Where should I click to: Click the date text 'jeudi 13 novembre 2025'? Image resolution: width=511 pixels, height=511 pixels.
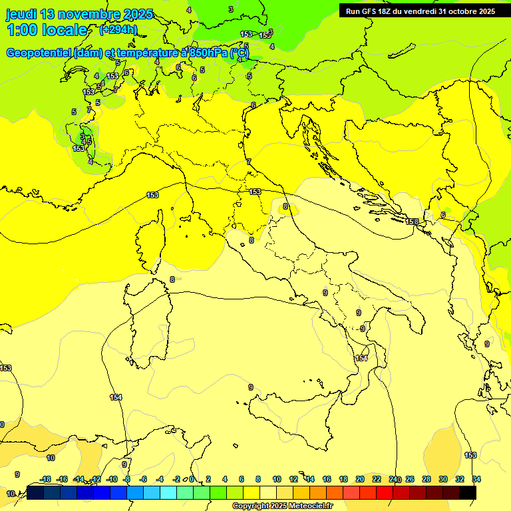coord(79,14)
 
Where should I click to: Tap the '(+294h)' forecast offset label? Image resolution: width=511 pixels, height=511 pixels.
coord(118,30)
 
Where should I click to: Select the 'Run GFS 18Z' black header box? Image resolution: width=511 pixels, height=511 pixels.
coord(420,11)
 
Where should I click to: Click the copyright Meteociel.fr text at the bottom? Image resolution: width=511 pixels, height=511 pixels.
coord(282,506)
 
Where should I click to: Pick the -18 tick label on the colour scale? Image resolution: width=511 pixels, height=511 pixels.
coord(45,479)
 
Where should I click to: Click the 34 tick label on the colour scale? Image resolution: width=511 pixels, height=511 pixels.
coord(476,479)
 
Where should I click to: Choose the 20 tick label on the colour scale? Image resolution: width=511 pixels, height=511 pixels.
coord(359,479)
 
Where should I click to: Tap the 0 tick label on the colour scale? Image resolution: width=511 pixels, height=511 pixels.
coord(191,479)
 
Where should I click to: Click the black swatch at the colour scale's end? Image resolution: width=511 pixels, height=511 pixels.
coord(467,492)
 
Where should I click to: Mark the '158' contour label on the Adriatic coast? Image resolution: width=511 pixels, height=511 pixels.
coord(413,222)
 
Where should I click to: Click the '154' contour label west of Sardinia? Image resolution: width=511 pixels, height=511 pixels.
coord(116,397)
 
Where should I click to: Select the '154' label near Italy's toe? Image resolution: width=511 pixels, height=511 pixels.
coord(361,358)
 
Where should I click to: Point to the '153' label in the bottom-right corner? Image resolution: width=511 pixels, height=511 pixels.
coord(470,455)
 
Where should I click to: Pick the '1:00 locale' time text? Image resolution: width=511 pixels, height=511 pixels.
coord(47,30)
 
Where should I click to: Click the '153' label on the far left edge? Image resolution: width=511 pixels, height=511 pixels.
coord(5,368)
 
